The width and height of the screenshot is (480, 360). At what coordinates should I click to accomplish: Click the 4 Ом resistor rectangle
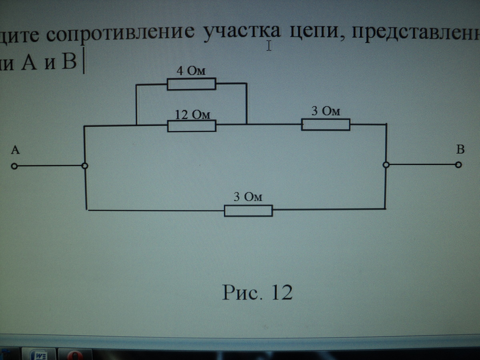pos(191,84)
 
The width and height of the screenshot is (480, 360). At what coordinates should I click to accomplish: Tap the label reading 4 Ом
pos(191,72)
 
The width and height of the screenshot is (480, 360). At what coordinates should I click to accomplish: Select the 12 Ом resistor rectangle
pos(192,126)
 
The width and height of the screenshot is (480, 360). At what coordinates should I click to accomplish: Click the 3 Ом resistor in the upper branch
pos(326,124)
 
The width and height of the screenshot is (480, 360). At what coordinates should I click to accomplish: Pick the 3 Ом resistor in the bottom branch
pos(248,210)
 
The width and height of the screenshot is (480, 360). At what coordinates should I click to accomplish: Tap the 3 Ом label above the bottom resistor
pos(248,197)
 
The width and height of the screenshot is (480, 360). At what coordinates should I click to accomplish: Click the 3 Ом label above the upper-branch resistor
pos(326,111)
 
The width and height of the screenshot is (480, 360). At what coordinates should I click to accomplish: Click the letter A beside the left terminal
pos(15,150)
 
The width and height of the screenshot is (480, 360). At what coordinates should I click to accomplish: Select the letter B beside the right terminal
pos(460,150)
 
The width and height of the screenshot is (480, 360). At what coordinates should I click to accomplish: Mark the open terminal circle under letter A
pos(14,167)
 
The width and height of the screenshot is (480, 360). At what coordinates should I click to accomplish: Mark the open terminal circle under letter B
pos(458,165)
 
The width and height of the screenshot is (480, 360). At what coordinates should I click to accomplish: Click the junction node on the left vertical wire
pos(85,166)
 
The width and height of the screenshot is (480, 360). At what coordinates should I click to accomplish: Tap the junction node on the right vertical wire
pos(386,165)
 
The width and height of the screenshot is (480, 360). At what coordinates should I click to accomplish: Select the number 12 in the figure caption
pos(282,292)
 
